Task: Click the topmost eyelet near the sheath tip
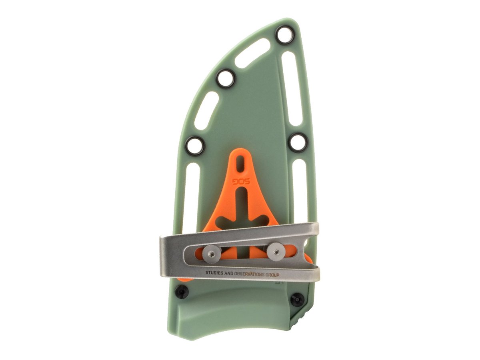click(x=285, y=35)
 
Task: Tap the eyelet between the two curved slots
click(x=226, y=78)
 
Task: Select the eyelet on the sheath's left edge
click(x=195, y=146)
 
